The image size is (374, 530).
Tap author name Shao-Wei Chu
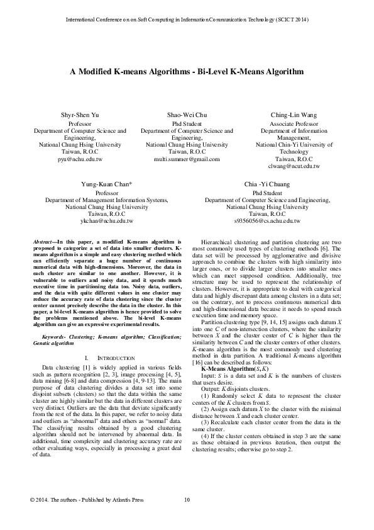click(x=187, y=116)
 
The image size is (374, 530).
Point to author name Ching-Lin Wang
click(x=294, y=116)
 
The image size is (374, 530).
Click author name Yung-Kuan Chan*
click(x=106, y=184)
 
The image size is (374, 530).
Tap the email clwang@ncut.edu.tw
click(x=294, y=166)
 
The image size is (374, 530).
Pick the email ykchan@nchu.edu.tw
click(x=106, y=222)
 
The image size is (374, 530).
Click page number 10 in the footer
click(x=187, y=517)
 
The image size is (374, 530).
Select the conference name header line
click(x=187, y=20)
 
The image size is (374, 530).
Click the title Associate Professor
click(x=294, y=124)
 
